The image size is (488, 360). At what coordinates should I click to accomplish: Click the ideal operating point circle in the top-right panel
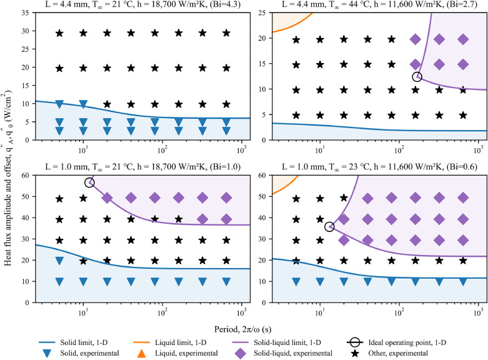[x=417, y=77]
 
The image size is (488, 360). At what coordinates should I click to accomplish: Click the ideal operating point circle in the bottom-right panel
[x=329, y=227]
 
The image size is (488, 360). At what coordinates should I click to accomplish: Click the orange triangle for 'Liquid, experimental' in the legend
[x=177, y=354]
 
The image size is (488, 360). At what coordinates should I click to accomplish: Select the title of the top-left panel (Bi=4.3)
[x=136, y=6]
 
